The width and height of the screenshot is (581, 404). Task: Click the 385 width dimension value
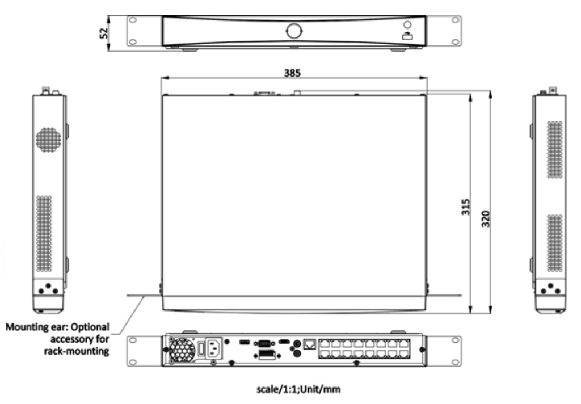[x=292, y=73]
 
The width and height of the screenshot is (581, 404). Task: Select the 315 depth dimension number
[x=466, y=207]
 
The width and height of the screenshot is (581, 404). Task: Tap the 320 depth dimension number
[x=486, y=218]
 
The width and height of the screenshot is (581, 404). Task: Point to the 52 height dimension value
[x=104, y=33]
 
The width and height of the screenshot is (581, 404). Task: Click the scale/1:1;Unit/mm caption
[x=298, y=389]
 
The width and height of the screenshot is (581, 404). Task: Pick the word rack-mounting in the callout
[x=77, y=351]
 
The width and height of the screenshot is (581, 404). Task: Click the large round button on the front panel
[x=294, y=31]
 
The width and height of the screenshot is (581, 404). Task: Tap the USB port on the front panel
[x=407, y=36]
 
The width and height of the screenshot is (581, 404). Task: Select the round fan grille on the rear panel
[x=182, y=349]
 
